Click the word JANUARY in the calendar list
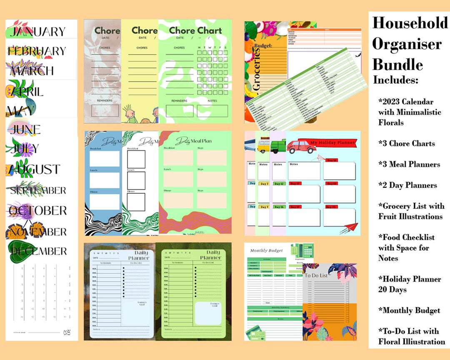(37, 32)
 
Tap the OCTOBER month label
(38, 210)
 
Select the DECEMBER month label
(38, 251)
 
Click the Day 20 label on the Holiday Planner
(332, 207)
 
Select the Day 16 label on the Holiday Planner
(332, 160)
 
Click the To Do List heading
(316, 275)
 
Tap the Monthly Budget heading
(266, 251)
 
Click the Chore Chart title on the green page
(195, 30)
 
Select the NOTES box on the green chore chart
(212, 111)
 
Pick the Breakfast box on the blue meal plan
(104, 159)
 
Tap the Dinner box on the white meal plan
(136, 202)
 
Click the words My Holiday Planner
(332, 143)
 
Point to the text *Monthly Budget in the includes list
(409, 310)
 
